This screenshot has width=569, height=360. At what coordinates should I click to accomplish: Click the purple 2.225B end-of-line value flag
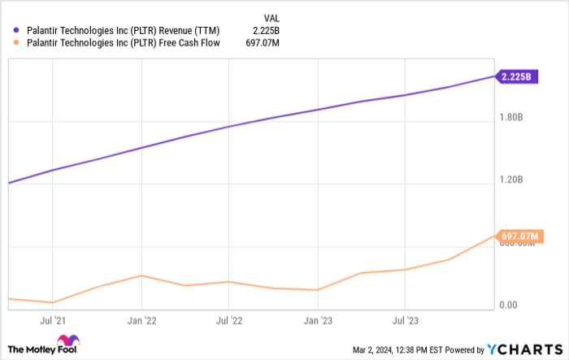(x=517, y=77)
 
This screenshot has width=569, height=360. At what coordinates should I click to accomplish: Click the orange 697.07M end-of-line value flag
(x=519, y=236)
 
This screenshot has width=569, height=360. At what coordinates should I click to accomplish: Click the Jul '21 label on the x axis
(x=54, y=321)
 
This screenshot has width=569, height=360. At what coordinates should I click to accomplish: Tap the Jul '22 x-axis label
(x=229, y=321)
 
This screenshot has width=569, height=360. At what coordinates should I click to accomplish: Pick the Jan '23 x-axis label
(x=317, y=321)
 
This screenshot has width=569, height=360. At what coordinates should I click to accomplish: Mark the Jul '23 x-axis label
(x=405, y=321)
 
